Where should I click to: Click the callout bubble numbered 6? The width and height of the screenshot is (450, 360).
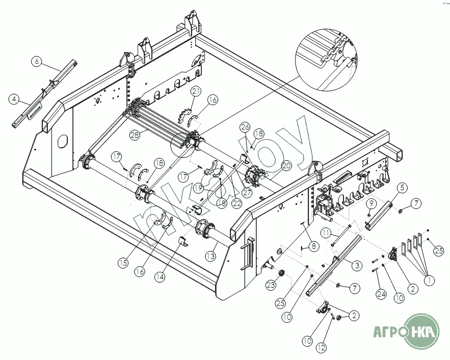coord(37,61)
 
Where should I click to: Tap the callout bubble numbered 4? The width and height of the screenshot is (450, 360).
coord(14,99)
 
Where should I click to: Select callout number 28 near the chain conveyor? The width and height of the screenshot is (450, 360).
coord(135,135)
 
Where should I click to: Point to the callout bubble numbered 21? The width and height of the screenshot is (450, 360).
coord(196,92)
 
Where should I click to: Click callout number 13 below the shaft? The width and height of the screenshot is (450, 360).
coord(211,256)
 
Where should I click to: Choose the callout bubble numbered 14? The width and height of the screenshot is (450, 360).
coord(160,277)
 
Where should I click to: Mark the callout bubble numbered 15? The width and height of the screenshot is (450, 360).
coord(123,263)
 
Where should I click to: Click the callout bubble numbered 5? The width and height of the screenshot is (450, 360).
coord(403,188)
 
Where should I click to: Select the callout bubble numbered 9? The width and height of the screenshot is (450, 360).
coord(372,204)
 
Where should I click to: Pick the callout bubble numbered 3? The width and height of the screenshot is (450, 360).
coord(357,265)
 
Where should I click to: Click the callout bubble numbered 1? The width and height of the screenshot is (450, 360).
coord(429,280)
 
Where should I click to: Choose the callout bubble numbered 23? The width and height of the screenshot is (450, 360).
coord(271,285)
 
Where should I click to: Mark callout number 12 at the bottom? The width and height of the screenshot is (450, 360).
coord(322,348)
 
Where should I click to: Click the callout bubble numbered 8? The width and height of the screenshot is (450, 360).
coord(313,246)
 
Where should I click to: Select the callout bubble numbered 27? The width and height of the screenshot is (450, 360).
coord(247,192)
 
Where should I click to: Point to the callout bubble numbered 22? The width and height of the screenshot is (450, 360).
coord(237,203)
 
